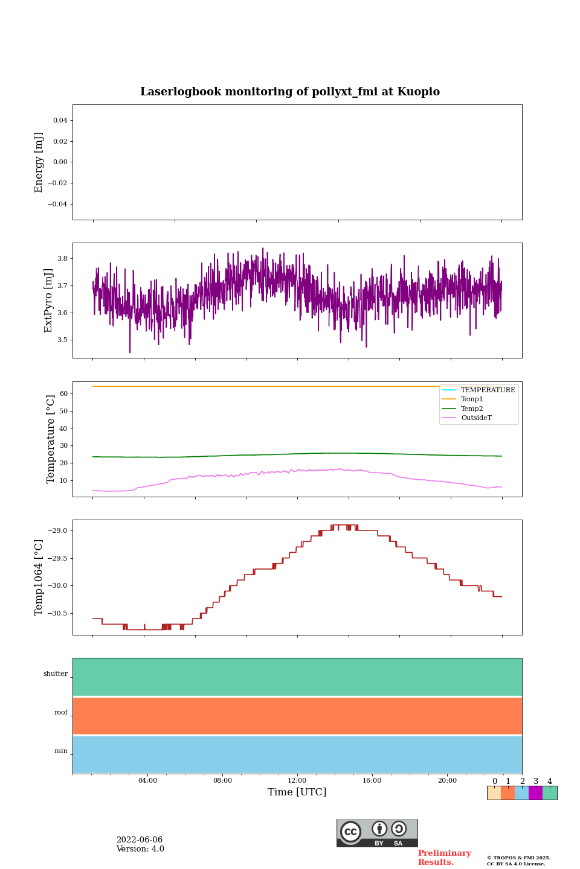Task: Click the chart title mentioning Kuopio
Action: (290, 92)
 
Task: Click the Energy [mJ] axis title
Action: (39, 162)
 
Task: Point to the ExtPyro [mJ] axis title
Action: (48, 301)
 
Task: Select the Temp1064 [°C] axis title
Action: (39, 578)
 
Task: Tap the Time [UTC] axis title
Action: (297, 792)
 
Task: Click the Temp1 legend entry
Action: (472, 399)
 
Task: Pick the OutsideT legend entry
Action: (476, 418)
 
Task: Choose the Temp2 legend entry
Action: (472, 409)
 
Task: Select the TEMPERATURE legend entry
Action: (488, 390)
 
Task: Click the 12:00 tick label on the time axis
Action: (297, 781)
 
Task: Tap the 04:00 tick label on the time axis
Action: (147, 781)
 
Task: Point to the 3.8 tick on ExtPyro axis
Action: (62, 258)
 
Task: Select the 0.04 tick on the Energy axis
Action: (60, 121)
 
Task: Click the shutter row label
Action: (56, 674)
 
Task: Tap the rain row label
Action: (61, 751)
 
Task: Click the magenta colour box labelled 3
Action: (535, 793)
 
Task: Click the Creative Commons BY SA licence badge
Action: (377, 833)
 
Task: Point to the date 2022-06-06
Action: (140, 840)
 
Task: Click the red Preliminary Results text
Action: (444, 858)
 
